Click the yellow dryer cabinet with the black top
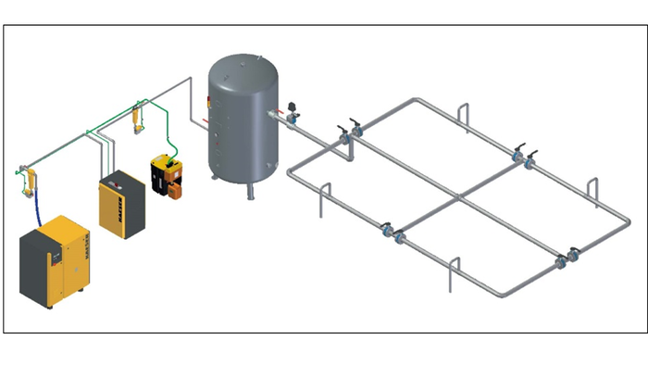121,204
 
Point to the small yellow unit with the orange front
166,176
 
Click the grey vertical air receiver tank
243,120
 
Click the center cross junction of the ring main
457,198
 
